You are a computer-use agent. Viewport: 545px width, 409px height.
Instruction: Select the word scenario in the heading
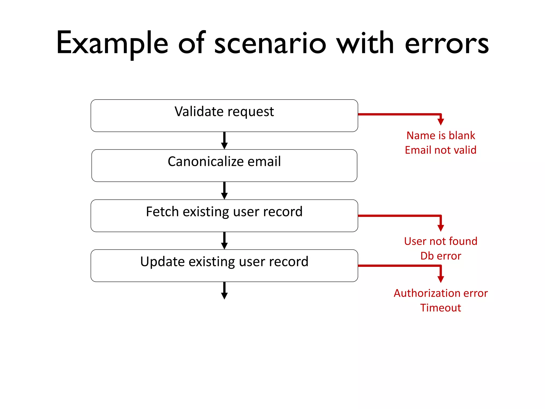270,44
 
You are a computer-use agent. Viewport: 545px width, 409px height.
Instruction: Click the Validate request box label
224,112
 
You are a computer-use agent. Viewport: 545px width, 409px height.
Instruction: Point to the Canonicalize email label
224,162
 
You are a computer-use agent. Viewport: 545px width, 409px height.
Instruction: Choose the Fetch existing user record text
224,212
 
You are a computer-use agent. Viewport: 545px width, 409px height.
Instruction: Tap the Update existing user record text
224,262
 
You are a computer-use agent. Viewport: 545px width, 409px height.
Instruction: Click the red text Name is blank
440,136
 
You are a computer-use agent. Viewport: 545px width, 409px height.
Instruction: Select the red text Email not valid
440,150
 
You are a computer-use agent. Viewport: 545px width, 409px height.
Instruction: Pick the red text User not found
440,241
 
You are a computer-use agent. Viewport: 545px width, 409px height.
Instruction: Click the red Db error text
440,256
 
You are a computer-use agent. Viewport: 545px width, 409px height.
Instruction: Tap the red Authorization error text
440,293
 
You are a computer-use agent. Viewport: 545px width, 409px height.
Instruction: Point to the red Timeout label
440,308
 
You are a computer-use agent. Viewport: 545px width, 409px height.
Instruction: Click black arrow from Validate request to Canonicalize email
224,141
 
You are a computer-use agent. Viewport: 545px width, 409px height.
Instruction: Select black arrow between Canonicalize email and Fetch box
224,191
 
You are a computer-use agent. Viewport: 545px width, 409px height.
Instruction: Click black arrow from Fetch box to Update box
224,241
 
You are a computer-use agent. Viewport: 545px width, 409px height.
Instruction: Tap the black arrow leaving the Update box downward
224,291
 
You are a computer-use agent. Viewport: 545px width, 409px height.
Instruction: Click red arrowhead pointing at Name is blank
441,122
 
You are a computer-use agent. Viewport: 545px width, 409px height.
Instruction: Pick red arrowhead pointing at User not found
441,228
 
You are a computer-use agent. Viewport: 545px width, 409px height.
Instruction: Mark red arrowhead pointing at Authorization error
441,279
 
